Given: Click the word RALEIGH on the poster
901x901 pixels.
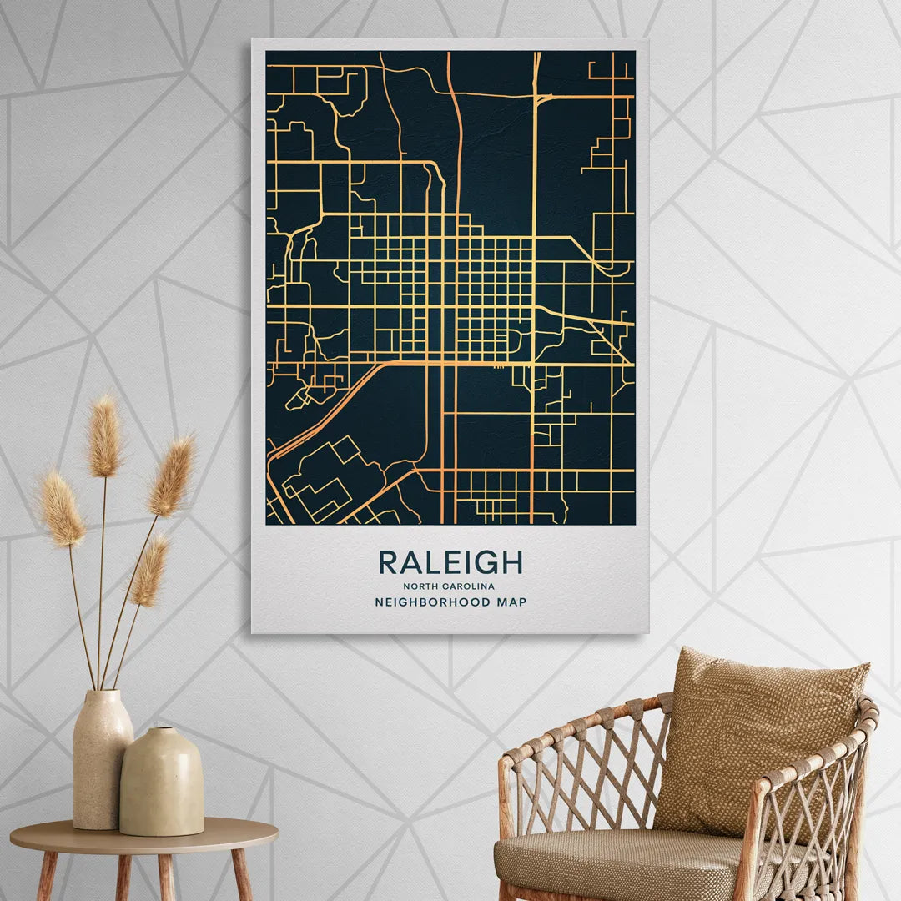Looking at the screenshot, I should [x=450, y=562].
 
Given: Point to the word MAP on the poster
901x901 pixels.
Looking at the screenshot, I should [x=511, y=602].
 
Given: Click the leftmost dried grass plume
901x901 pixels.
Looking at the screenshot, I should [x=61, y=509].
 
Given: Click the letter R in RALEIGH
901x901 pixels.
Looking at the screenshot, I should [x=388, y=562].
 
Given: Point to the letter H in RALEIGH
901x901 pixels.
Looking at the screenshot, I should [x=512, y=562].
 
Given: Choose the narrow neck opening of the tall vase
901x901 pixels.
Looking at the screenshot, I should [x=103, y=692].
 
